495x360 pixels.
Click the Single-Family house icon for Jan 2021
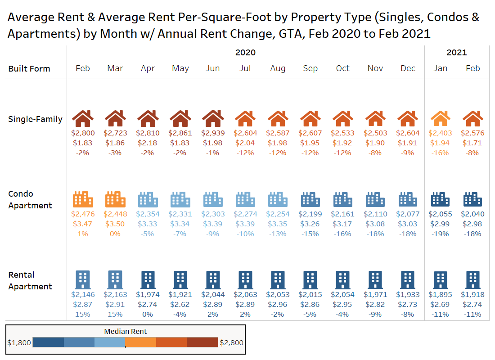coord(440,119)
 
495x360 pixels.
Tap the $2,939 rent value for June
coord(212,133)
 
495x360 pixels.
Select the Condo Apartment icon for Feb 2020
coord(83,199)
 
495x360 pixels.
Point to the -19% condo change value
coord(440,234)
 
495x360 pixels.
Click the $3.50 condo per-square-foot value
coord(115,224)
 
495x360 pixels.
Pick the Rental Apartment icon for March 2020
coord(115,279)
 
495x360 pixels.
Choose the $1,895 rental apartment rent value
coord(440,295)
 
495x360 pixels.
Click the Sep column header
coord(310,68)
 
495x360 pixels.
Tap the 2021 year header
coord(457,53)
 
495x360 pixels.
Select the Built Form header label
coord(29,69)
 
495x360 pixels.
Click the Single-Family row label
coord(35,119)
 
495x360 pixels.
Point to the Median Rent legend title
coord(126,332)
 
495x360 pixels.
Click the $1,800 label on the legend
coord(19,343)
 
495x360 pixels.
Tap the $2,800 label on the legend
coord(231,343)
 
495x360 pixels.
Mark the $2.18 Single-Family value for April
coord(148,143)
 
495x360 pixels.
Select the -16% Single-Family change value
coord(440,153)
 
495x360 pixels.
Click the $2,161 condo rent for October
coord(342,214)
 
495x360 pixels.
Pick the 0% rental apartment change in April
coord(148,315)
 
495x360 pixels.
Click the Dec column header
coord(408,68)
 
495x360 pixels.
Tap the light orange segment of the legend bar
coord(140,342)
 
